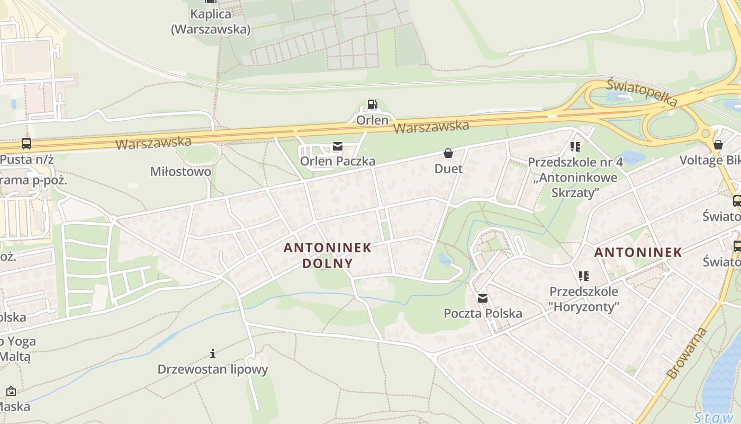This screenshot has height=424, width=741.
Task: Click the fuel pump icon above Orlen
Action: point(373,104)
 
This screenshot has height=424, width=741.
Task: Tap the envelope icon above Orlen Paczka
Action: point(338,146)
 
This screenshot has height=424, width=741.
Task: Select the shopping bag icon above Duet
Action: point(448,154)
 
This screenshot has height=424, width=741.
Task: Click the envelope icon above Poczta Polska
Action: point(483,298)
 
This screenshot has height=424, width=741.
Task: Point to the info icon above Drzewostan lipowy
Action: point(213,354)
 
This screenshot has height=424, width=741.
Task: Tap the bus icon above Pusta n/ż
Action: point(26,143)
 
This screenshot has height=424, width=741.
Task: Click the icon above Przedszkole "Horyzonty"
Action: point(584,276)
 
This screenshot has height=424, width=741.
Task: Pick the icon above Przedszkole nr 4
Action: point(575,146)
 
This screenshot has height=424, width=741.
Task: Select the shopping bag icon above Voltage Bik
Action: point(718,144)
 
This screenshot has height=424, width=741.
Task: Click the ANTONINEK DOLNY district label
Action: point(327,255)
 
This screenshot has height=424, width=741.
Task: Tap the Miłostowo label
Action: point(180,172)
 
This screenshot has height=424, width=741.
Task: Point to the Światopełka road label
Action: point(642,92)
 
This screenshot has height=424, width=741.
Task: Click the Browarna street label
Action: point(687,353)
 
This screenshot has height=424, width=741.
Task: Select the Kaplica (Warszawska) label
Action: point(211,22)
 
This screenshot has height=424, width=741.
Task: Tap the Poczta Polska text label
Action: point(483,313)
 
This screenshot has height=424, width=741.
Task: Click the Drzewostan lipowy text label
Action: point(213,369)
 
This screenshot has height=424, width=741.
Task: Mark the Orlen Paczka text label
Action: point(338,161)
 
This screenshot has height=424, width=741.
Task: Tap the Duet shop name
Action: point(448,169)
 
